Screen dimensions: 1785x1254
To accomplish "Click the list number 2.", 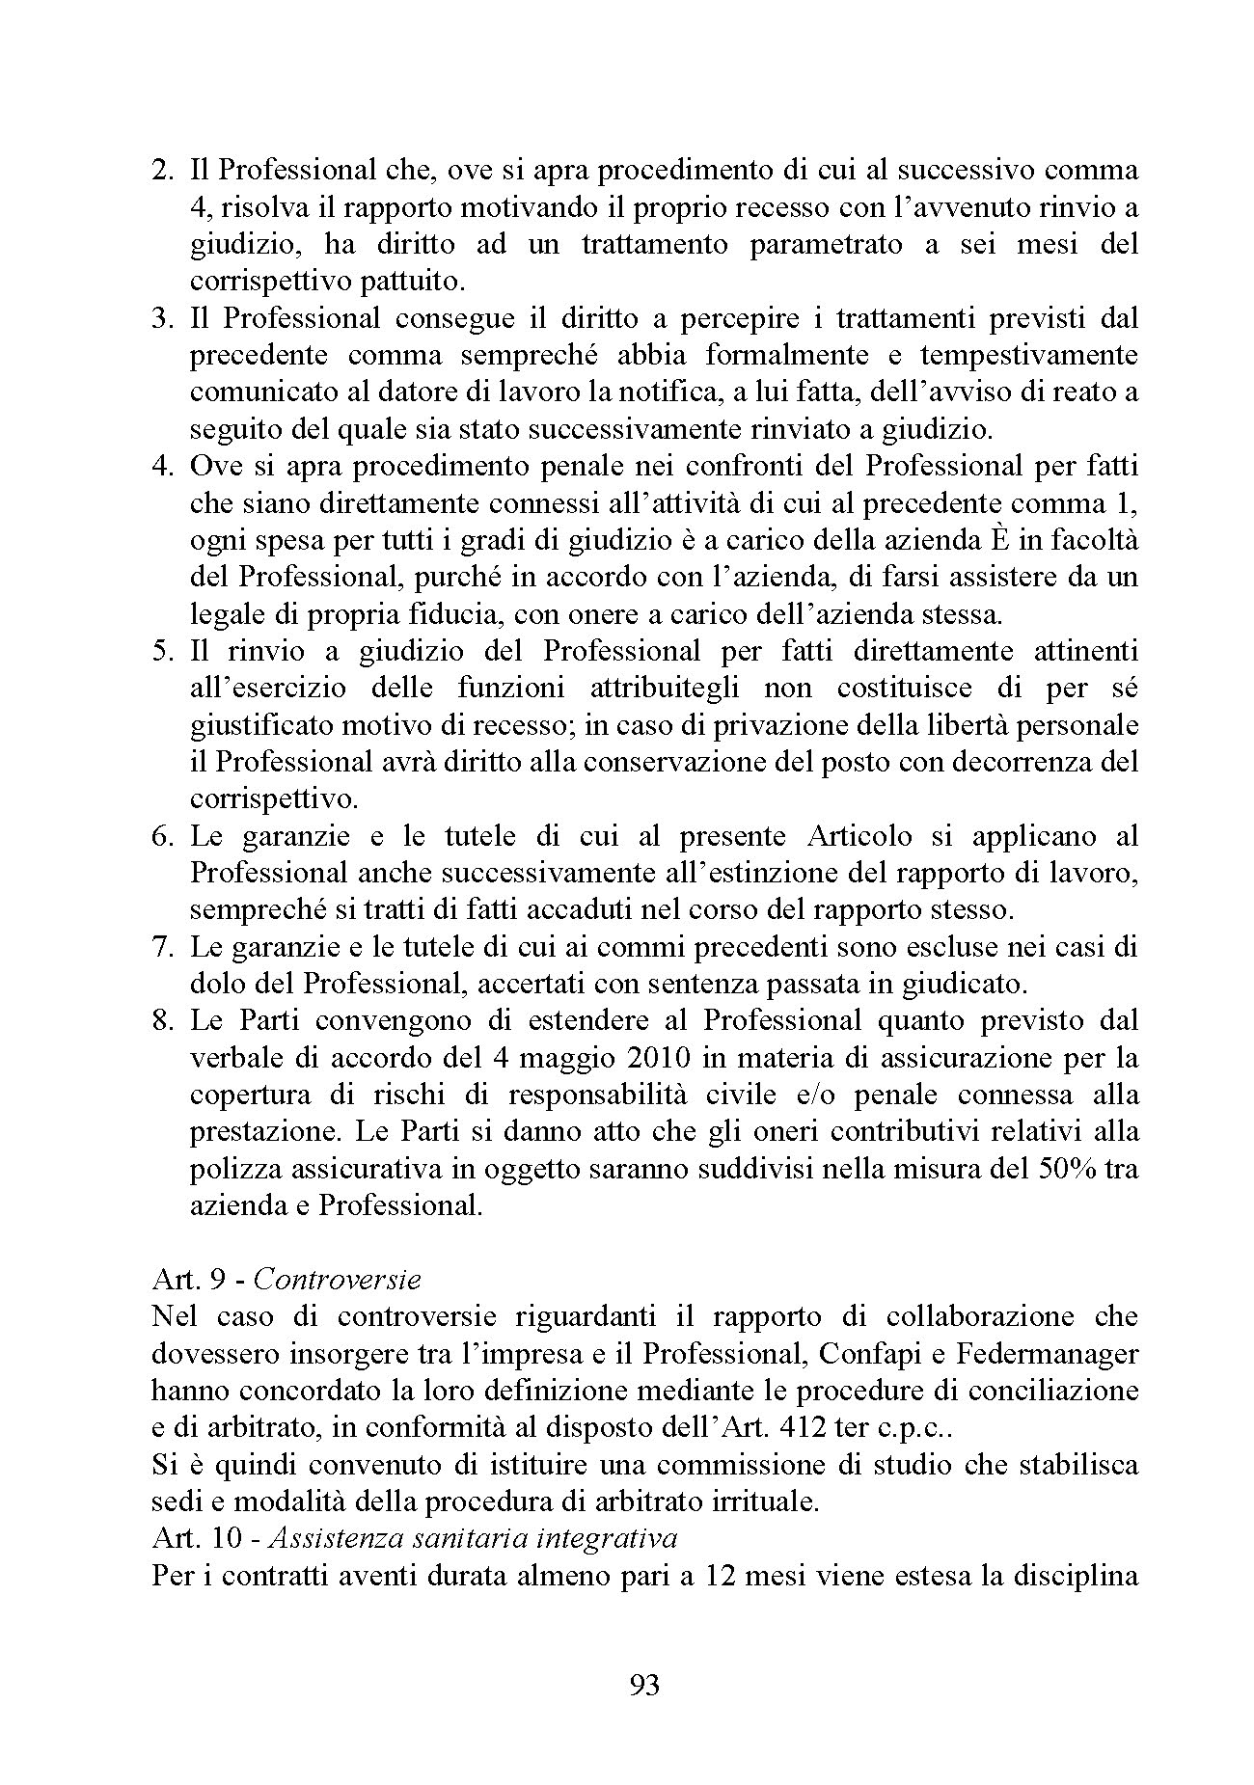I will (162, 171).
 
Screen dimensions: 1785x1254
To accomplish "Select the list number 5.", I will (162, 651).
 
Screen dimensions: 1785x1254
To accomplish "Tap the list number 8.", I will (162, 1020).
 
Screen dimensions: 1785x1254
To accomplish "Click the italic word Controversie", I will (338, 1280).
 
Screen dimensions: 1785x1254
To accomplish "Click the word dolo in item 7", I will (218, 984).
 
